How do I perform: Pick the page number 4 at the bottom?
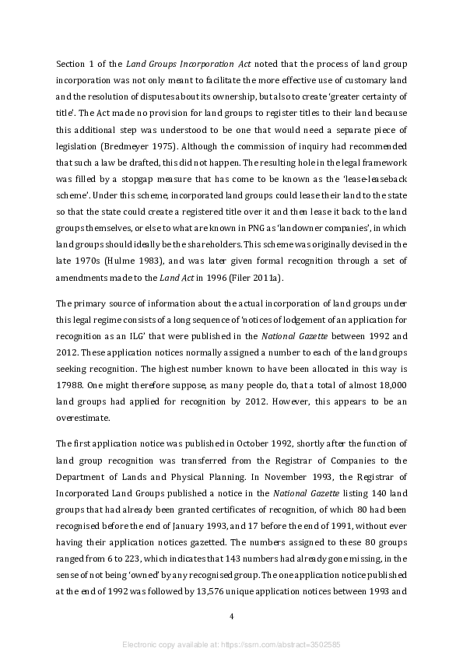231,617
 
